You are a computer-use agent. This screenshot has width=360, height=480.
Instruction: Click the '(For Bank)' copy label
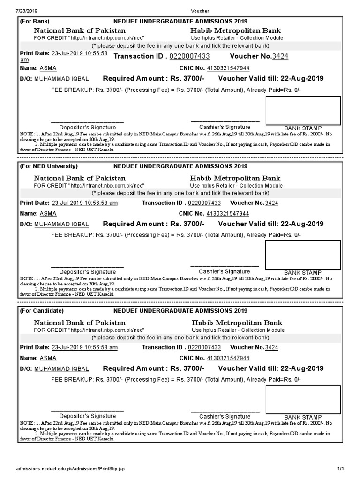[35, 21]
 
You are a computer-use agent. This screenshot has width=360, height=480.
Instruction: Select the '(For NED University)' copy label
[49, 166]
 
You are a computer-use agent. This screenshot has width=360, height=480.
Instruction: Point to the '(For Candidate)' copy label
[42, 311]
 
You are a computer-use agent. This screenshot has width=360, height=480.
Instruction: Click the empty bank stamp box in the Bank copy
[303, 110]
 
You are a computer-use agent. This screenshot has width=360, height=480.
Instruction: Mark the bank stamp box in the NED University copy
[303, 255]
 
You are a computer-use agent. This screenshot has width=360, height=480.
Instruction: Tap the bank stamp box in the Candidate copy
[303, 400]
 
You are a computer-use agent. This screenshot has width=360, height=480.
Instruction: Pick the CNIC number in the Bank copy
[228, 68]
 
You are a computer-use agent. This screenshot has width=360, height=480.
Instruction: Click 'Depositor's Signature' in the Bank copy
[88, 127]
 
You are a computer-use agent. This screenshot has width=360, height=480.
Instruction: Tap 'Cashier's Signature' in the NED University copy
[225, 272]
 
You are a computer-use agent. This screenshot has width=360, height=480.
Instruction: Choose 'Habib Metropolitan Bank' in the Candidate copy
[237, 323]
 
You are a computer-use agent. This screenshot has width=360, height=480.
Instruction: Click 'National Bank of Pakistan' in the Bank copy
[80, 30]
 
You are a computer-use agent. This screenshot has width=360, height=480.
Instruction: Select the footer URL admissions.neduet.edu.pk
[70, 469]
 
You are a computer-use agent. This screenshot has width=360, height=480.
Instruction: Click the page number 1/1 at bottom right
[341, 469]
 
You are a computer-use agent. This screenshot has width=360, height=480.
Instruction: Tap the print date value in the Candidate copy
[84, 347]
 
